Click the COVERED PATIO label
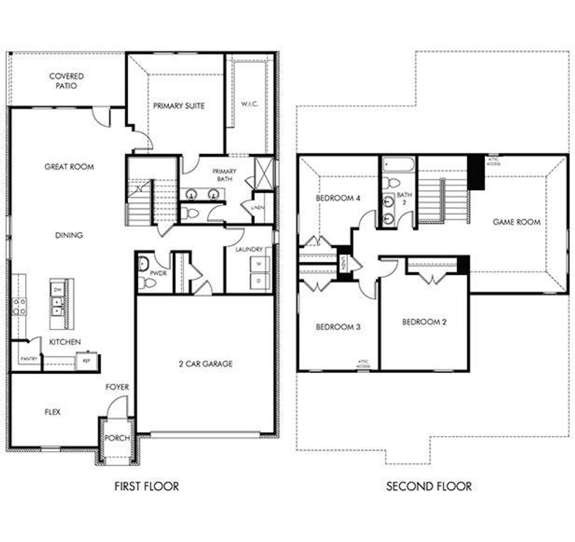tap(66, 81)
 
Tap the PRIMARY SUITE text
tap(179, 106)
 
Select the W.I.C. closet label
tap(250, 104)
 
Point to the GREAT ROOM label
tap(69, 167)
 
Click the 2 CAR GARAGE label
tap(206, 364)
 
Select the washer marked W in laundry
tap(259, 264)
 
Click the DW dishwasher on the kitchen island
tap(57, 290)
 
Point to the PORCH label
tap(117, 438)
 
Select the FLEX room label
tap(53, 412)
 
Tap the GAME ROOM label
tap(517, 222)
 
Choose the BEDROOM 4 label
tap(338, 198)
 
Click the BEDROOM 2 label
tap(424, 322)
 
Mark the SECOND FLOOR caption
tap(429, 486)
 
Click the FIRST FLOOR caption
tap(146, 486)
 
